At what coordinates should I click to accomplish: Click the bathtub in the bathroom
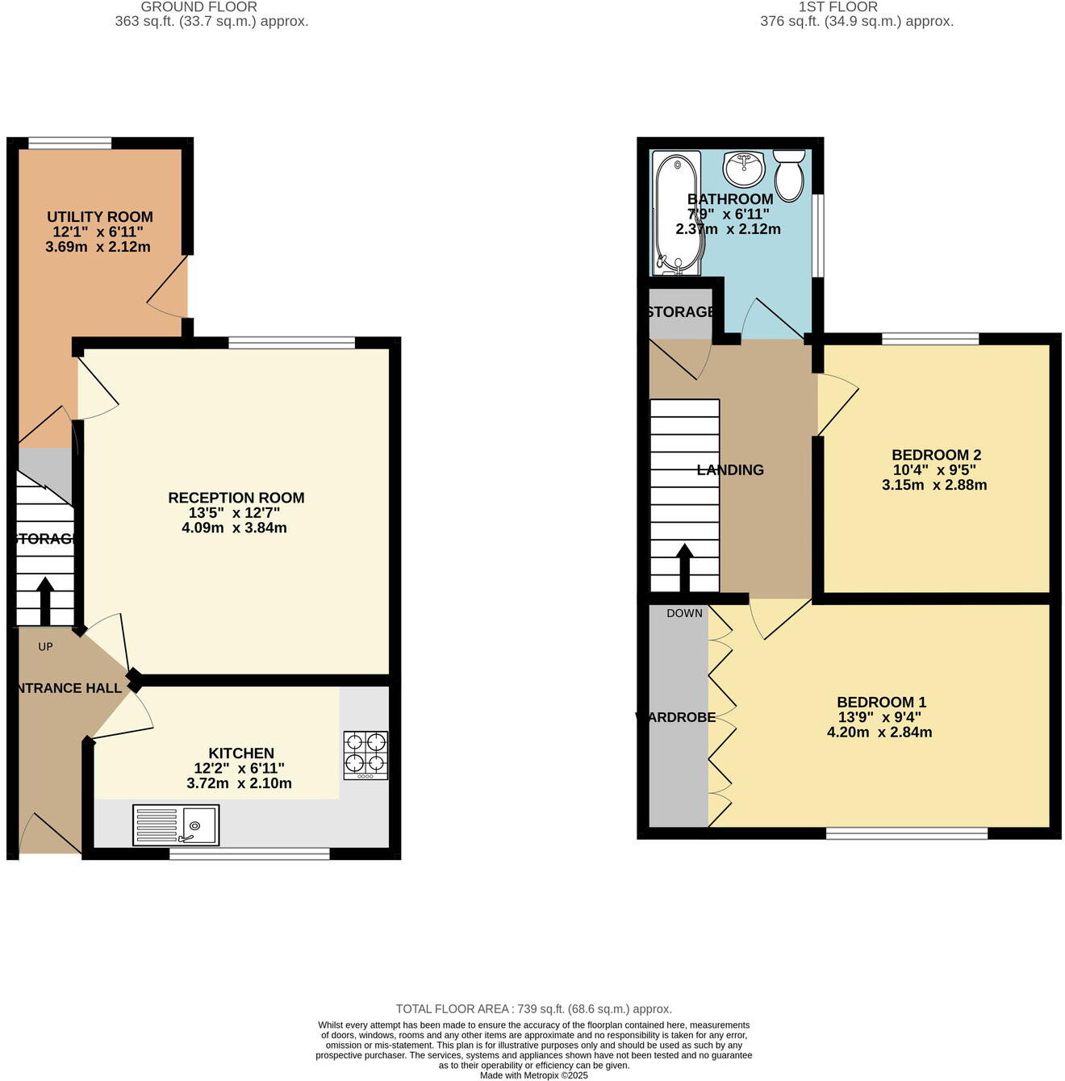point(677,211)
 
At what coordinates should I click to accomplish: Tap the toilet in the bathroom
point(789,174)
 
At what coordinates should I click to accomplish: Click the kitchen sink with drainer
point(176,825)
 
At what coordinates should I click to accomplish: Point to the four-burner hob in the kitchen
point(365,755)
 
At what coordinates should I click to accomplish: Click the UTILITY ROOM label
point(99,217)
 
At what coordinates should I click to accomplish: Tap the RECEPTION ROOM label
point(236,498)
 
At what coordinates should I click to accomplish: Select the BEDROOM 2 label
point(936,455)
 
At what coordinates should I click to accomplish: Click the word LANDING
point(730,470)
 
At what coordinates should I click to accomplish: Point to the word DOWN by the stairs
point(684,613)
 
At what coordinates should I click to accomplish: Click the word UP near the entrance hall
point(45,646)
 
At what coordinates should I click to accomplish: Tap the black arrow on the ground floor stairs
point(44,600)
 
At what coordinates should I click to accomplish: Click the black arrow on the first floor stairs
point(684,568)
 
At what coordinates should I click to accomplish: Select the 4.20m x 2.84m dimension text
point(879,732)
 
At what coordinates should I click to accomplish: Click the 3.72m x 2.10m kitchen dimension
point(239,783)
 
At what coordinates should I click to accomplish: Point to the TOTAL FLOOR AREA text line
point(533,1009)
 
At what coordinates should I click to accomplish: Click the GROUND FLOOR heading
point(198,6)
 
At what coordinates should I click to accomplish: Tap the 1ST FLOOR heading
point(837,6)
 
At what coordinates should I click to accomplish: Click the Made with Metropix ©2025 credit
point(533,1075)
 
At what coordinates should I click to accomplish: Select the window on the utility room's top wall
point(69,144)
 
